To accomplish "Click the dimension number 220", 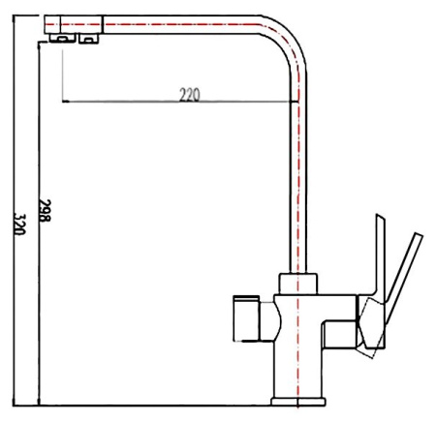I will (189, 94).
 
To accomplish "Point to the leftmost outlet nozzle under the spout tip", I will (61, 38).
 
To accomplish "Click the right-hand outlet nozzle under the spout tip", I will (88, 38).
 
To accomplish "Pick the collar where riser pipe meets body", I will (296, 284).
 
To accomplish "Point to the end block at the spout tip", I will (73, 23).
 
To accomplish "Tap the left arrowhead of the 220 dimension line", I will (64, 101).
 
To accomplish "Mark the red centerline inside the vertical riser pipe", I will (296, 174).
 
